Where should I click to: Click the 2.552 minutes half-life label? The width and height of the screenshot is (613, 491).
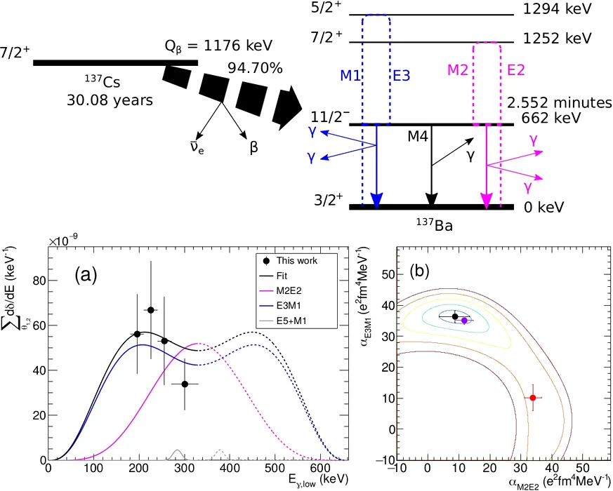(x=560, y=102)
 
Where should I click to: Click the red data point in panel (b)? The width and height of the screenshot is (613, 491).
(x=533, y=398)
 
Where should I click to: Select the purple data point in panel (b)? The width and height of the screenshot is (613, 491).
(x=464, y=321)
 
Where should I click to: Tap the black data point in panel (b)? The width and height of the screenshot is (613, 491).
(x=455, y=316)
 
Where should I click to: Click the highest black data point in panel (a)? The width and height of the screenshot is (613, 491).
(x=150, y=310)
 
